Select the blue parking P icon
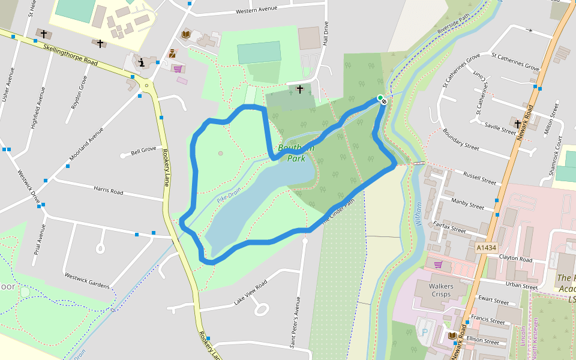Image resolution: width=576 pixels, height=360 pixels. (x=426, y=328)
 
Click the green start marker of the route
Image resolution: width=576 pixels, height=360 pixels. (x=380, y=97)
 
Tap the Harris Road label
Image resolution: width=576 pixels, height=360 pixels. (x=108, y=191)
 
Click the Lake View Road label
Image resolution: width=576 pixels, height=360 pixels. (x=250, y=292)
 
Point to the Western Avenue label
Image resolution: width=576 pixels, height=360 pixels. (x=257, y=10)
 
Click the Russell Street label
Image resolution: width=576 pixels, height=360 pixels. (x=480, y=178)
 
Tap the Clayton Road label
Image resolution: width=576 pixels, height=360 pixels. (x=515, y=259)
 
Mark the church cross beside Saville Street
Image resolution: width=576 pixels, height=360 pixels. (x=518, y=124)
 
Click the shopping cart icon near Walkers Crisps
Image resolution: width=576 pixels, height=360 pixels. (x=438, y=265)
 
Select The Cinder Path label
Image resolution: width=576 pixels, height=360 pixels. (x=343, y=211)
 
